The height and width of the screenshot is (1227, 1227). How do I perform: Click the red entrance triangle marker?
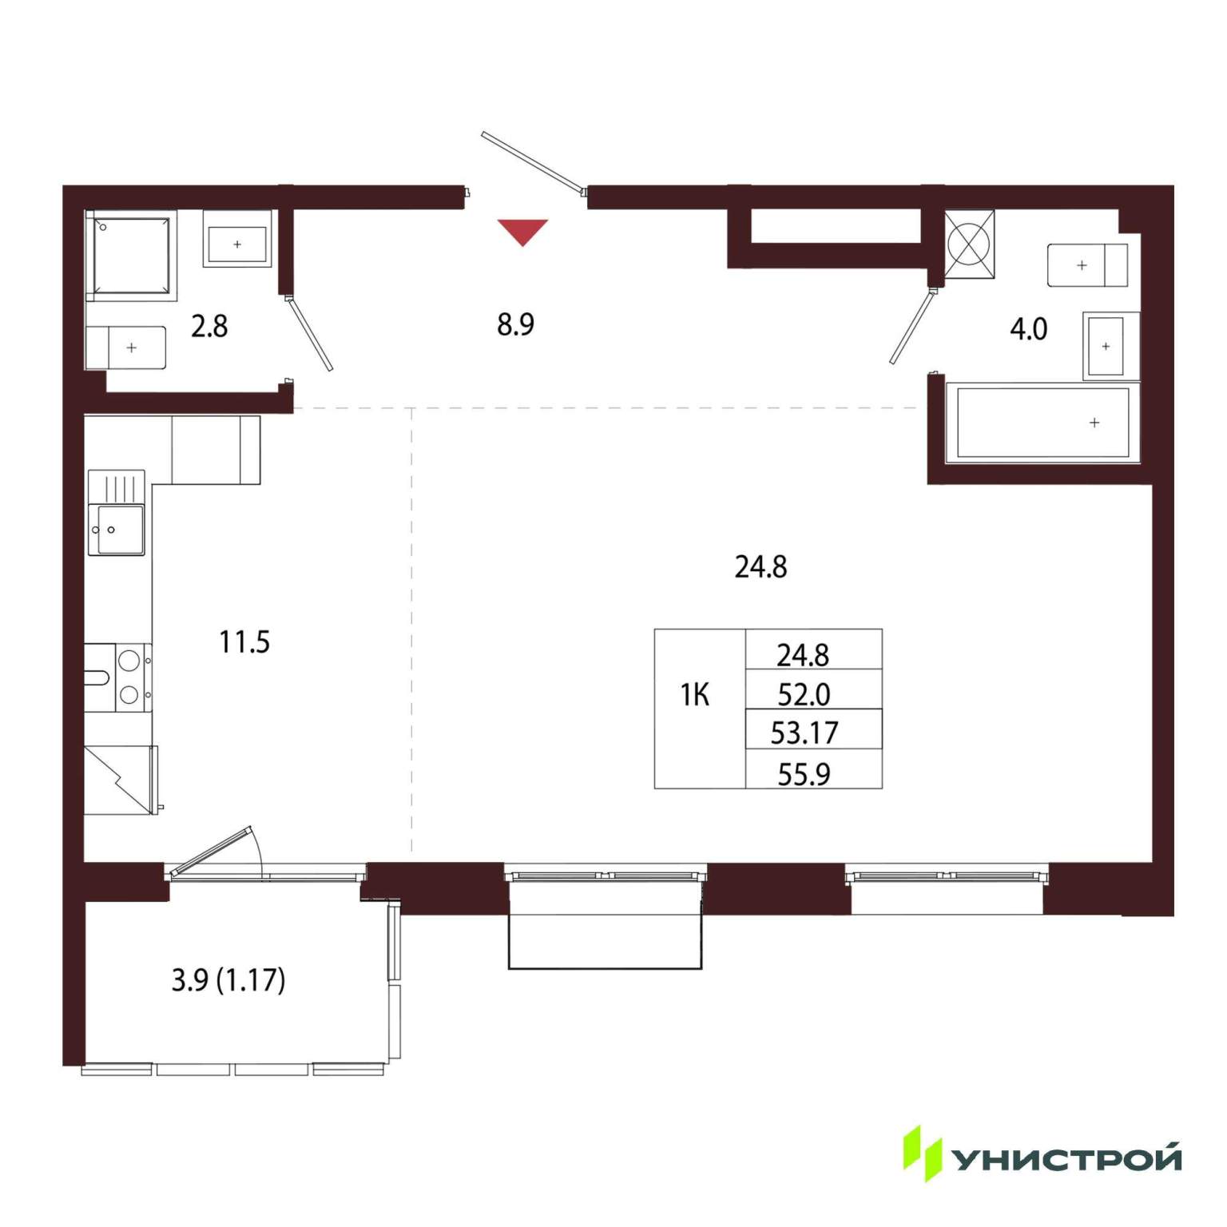click(x=522, y=231)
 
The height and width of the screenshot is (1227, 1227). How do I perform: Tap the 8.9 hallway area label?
click(x=515, y=324)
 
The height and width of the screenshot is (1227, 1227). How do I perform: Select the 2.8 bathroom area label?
click(x=209, y=326)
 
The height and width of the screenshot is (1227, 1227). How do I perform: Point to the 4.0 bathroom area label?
click(x=1028, y=328)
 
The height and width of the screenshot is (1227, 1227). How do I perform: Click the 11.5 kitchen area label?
click(x=244, y=641)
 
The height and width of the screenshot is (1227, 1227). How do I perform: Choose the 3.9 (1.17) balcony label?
click(x=228, y=979)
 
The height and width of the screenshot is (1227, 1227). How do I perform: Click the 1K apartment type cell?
click(x=695, y=695)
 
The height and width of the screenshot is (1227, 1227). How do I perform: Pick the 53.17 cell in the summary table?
click(x=804, y=733)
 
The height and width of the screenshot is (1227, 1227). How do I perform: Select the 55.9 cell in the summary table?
click(x=804, y=773)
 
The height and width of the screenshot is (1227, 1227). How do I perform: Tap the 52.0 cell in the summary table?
click(x=804, y=694)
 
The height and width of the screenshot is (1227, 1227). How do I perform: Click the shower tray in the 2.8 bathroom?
click(x=131, y=256)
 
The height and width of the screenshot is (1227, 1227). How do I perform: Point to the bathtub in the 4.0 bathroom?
click(x=1042, y=423)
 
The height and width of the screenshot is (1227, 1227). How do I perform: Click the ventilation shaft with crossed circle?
click(x=969, y=244)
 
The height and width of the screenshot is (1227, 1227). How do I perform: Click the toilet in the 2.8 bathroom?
click(x=126, y=347)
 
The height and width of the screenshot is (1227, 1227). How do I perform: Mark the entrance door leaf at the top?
click(x=534, y=163)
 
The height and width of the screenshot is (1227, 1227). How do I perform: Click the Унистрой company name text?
click(x=1067, y=1158)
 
